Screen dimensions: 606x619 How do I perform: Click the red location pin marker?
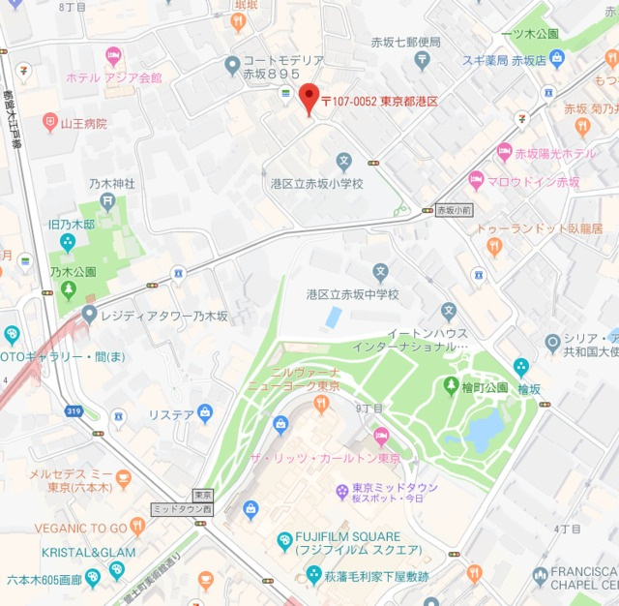308,99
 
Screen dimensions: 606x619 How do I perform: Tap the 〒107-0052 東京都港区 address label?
379,102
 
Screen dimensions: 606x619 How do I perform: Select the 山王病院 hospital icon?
50,123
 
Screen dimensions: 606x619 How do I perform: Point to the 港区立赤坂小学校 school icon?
344,162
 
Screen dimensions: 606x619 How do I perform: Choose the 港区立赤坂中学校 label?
352,293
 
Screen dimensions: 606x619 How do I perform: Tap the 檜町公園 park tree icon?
451,385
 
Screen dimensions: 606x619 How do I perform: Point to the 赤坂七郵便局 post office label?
406,43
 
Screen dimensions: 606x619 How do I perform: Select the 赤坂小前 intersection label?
454,208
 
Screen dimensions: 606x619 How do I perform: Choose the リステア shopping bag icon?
204,414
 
